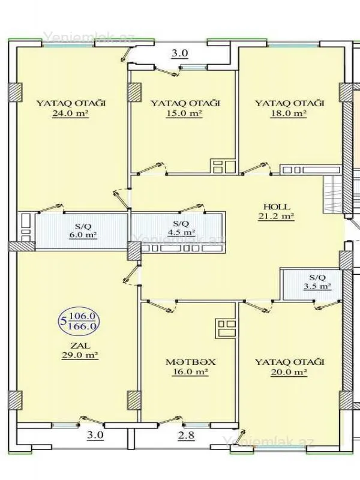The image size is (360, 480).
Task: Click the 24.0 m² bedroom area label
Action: [71, 113]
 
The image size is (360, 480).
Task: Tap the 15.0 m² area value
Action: [184, 113]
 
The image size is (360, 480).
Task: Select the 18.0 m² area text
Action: [289, 113]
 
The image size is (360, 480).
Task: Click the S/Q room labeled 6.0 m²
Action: [83, 230]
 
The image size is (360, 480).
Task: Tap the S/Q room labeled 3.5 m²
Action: [317, 282]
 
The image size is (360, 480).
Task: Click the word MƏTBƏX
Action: [191, 362]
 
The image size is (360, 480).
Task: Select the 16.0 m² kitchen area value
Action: [191, 373]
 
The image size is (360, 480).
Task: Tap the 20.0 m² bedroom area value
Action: [289, 373]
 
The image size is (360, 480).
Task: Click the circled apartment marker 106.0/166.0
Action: [81, 320]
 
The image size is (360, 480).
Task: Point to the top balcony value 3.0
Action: [180, 53]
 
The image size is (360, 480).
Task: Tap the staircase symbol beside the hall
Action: [332, 195]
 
